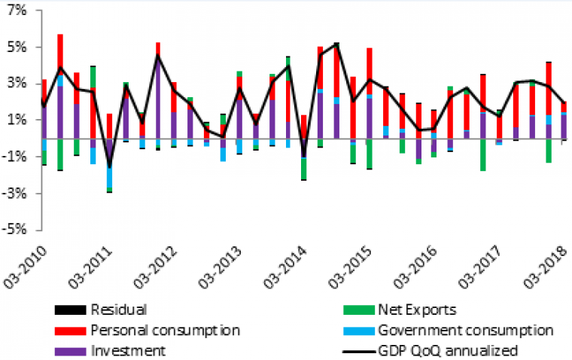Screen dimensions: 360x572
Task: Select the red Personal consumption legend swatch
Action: [x=68, y=330]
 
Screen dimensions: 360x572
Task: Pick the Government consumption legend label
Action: [x=466, y=330]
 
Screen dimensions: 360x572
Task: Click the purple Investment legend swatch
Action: [x=68, y=350]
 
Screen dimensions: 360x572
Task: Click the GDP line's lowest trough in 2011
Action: [x=109, y=166]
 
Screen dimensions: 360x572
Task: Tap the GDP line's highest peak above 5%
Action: [x=336, y=44]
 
